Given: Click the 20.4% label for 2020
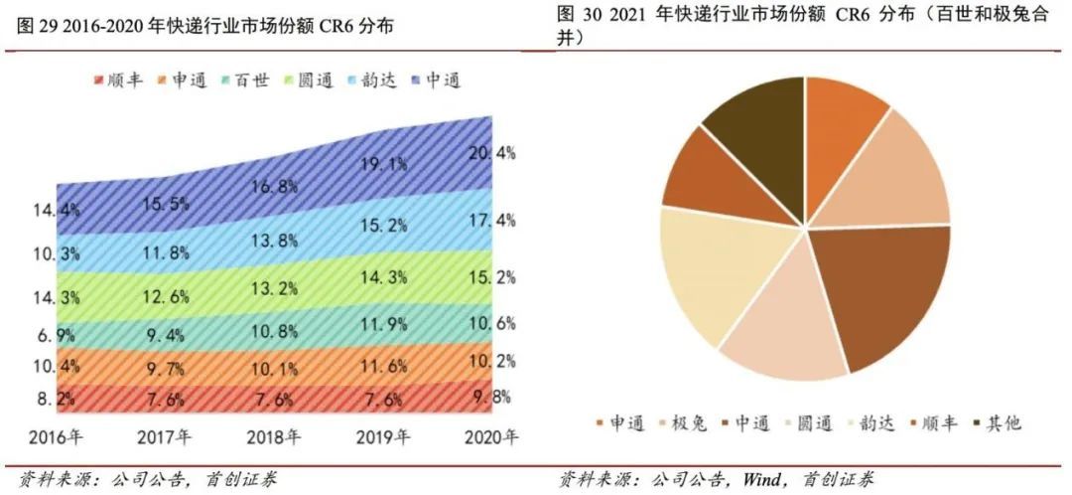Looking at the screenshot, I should pos(492,153).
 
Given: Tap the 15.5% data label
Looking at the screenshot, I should pos(166,203).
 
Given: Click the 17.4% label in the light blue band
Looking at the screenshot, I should pos(492,220).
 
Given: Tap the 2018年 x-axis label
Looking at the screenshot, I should pos(274,436).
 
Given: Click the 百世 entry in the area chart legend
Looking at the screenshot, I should pos(243,80).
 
